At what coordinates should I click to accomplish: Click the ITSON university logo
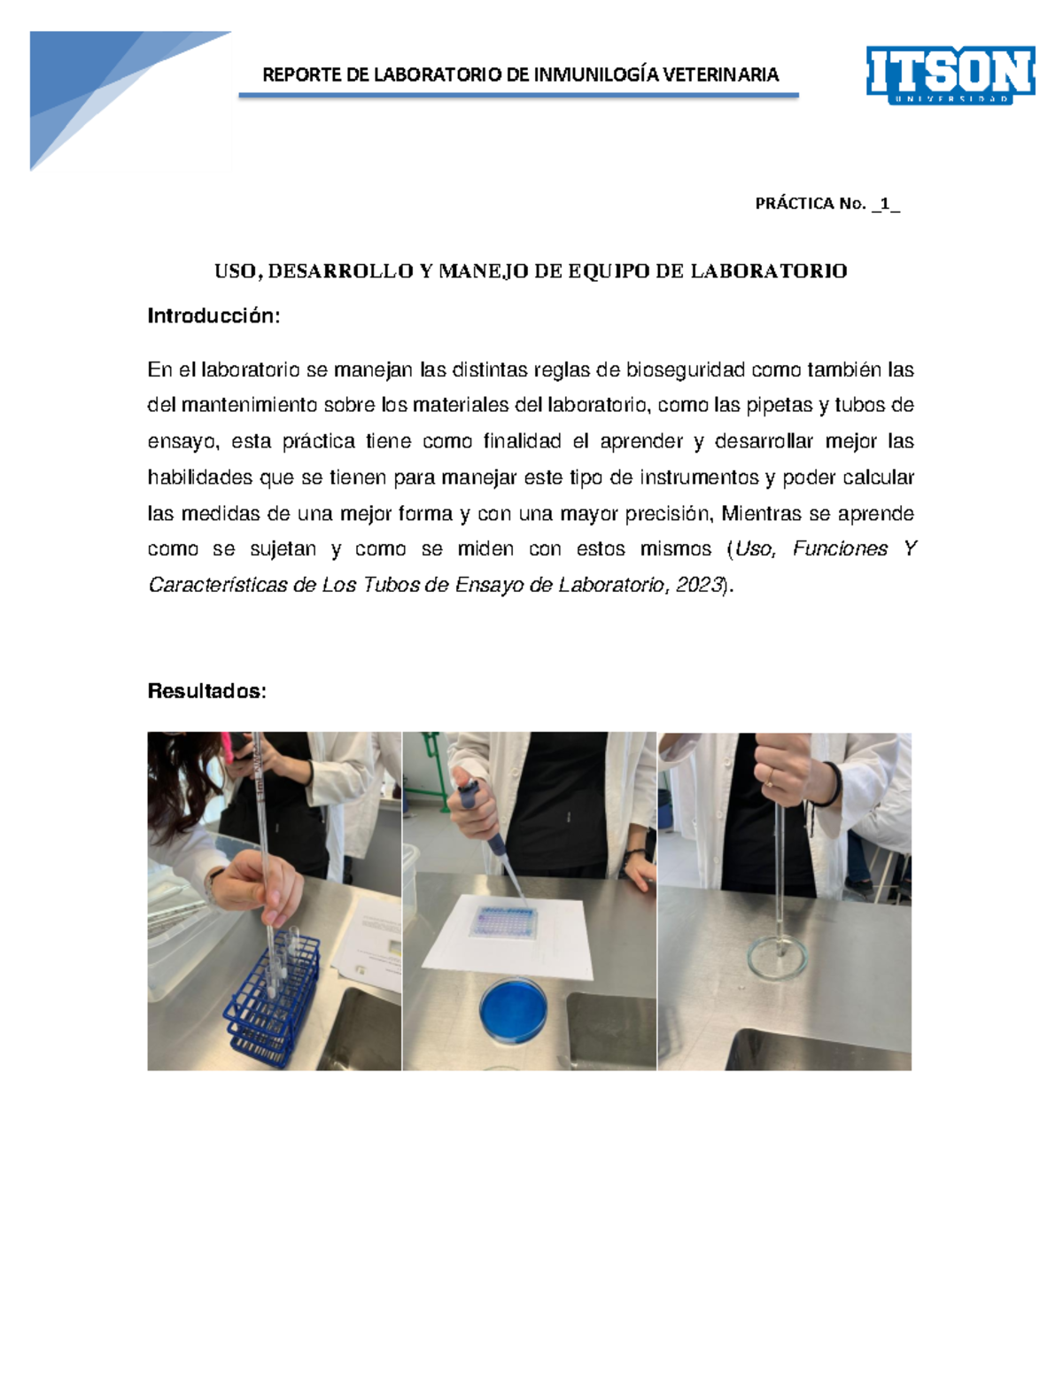950,74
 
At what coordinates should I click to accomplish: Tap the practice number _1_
885,204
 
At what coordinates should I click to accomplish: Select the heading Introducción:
213,315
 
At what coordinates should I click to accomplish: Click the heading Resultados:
206,691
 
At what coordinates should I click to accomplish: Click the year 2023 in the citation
700,585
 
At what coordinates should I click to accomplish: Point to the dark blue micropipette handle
468,795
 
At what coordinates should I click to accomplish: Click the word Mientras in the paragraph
761,513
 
